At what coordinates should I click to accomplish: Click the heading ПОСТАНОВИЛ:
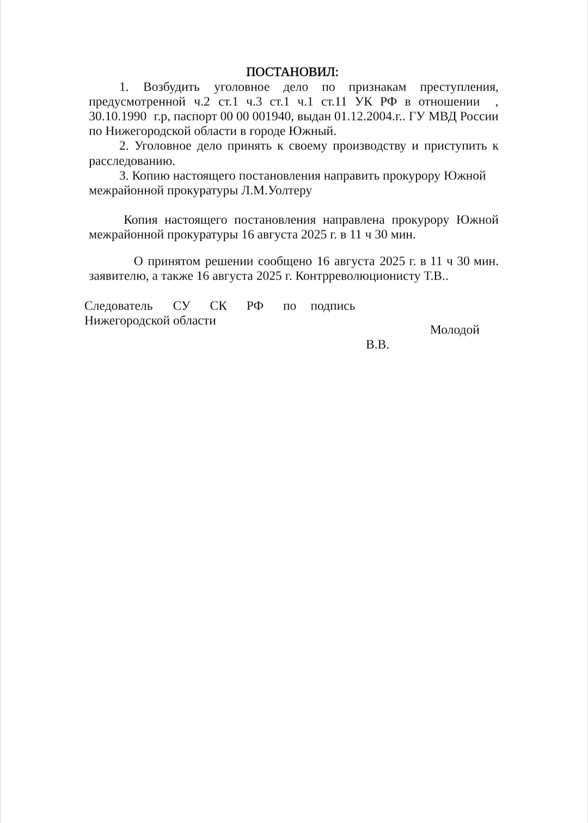pyautogui.click(x=292, y=72)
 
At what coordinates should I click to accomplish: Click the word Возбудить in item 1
pyautogui.click(x=171, y=87)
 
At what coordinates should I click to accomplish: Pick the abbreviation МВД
pyautogui.click(x=443, y=117)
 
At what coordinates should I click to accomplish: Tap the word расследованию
pyautogui.click(x=132, y=161)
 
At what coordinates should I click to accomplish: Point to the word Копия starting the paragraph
pyautogui.click(x=140, y=220)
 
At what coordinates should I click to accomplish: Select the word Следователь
pyautogui.click(x=118, y=306)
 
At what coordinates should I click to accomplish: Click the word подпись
pyautogui.click(x=333, y=306)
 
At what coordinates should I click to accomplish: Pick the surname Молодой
pyautogui.click(x=455, y=330)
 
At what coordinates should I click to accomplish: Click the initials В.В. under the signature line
pyautogui.click(x=377, y=344)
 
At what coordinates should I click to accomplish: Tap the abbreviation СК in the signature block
pyautogui.click(x=218, y=306)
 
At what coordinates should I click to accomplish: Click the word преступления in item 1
pyautogui.click(x=460, y=87)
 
